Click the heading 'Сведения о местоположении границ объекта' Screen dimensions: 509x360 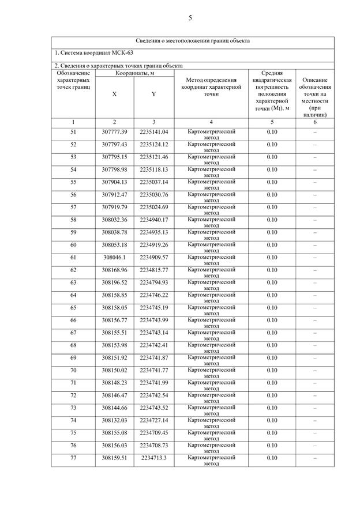193,41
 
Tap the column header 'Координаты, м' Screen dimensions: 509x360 134,73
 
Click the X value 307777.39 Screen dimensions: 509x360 114,132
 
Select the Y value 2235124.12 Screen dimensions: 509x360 153,144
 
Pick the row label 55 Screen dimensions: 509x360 73,182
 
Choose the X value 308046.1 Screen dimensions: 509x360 114,257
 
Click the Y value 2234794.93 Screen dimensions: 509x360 153,282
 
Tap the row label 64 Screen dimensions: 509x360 73,295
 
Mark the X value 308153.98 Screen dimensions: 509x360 114,345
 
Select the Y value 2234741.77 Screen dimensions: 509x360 153,370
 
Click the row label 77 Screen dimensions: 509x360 73,458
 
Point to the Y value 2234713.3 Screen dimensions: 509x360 153,458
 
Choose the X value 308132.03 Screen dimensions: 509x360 114,420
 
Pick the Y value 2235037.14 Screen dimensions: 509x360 153,182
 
